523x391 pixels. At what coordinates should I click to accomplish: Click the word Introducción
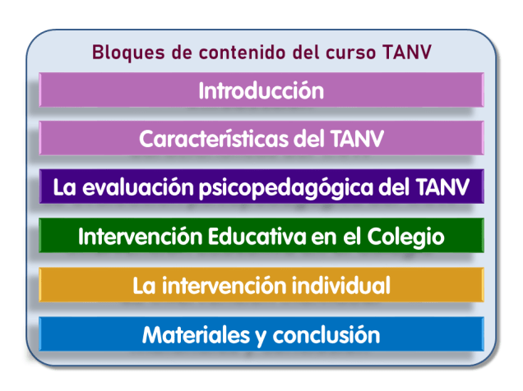point(261,90)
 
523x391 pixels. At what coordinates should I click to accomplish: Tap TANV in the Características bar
point(354,139)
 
